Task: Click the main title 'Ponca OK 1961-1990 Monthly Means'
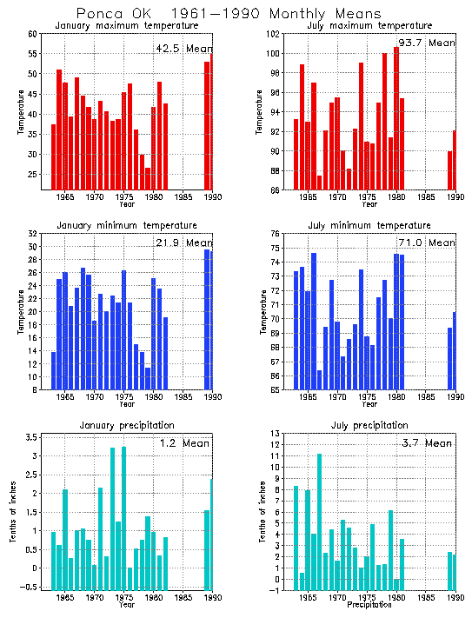(x=228, y=14)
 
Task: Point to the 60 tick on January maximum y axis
(x=32, y=34)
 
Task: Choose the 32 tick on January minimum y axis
(x=32, y=234)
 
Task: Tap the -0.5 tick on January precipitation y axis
(x=28, y=587)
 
